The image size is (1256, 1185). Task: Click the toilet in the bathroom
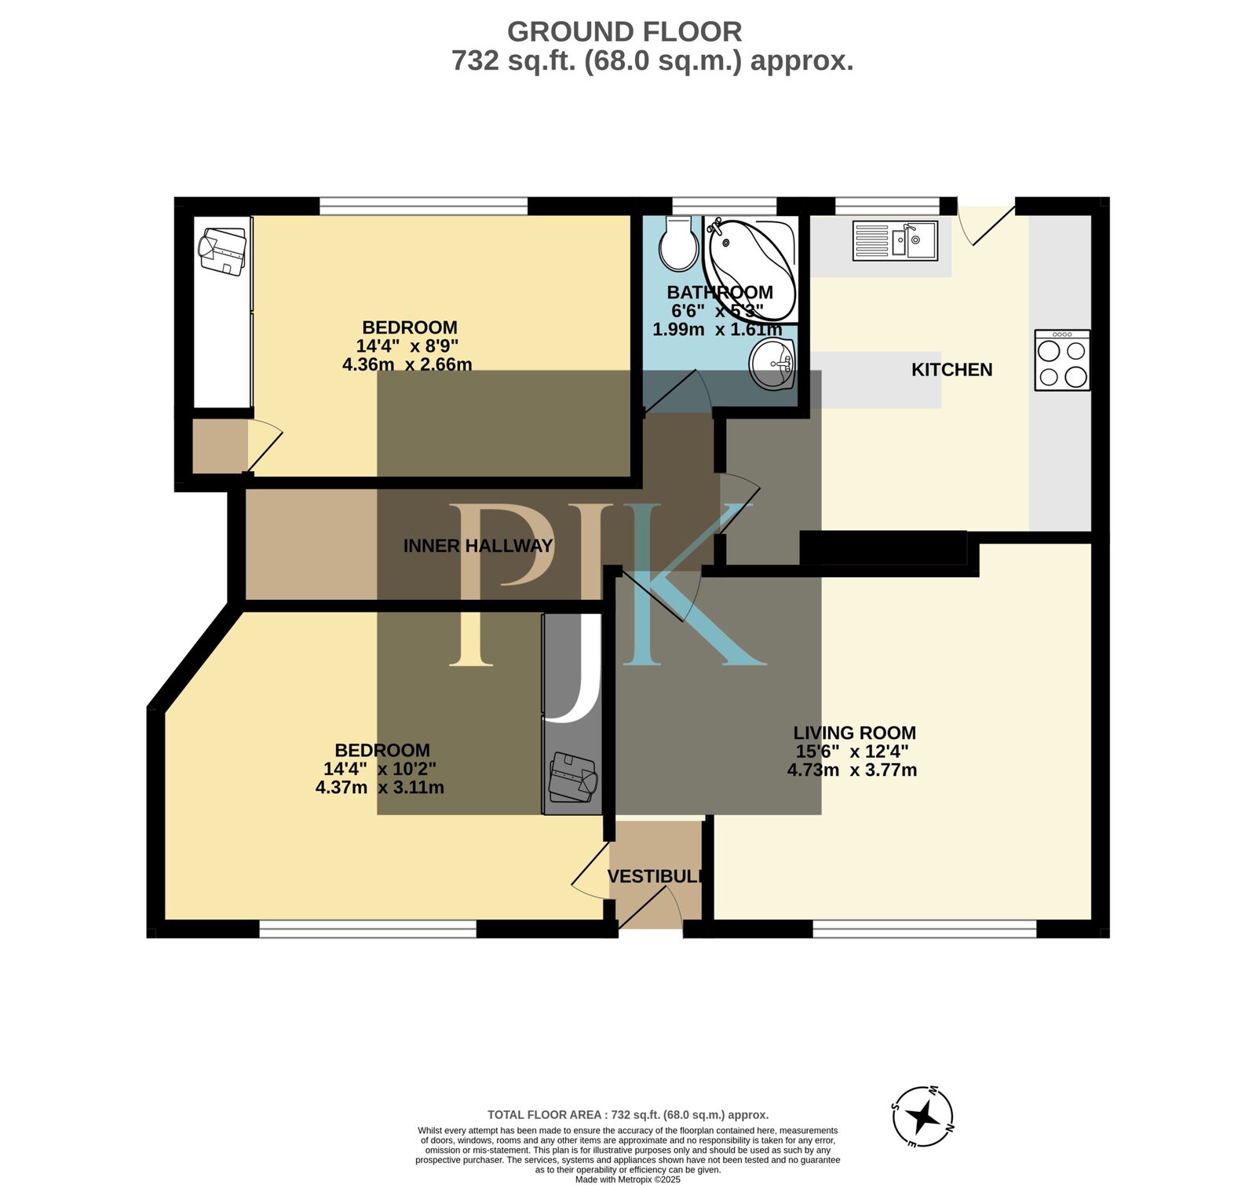click(x=678, y=244)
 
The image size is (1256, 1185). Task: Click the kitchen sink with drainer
click(x=895, y=240)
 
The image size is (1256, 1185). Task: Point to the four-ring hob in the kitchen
click(x=1062, y=360)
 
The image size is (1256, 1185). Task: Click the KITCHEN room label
click(x=951, y=370)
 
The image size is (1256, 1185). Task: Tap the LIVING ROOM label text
click(x=854, y=733)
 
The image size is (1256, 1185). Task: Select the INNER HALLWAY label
click(x=477, y=546)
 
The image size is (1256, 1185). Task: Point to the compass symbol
click(x=924, y=1116)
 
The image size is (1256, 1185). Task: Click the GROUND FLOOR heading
click(x=624, y=32)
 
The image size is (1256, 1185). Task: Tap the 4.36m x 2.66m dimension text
click(x=407, y=364)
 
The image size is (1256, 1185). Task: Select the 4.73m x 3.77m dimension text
click(x=852, y=770)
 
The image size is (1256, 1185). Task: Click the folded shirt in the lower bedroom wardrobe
click(x=573, y=777)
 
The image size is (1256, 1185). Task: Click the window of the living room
click(x=924, y=929)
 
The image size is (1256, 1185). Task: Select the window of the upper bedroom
click(x=423, y=206)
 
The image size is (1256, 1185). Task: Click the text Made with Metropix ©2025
click(x=627, y=1180)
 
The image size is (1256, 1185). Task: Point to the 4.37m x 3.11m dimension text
click(x=379, y=788)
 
